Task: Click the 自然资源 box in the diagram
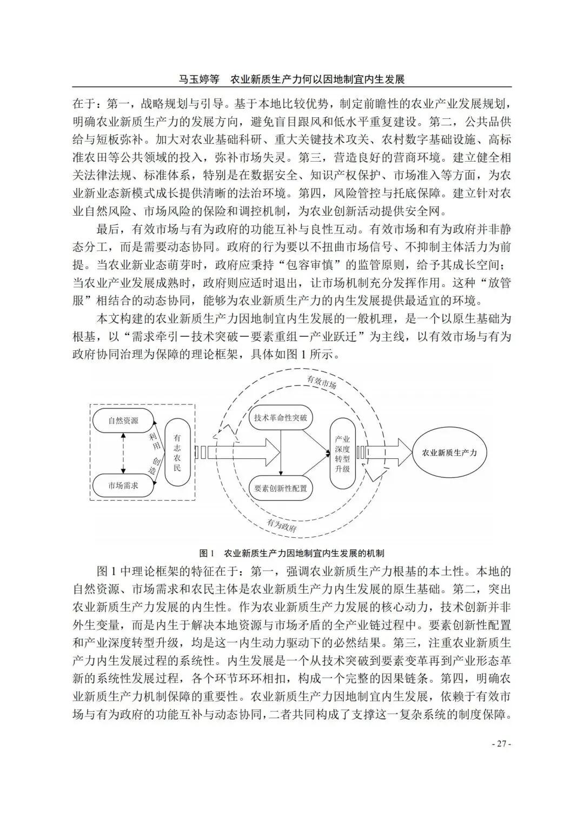click(x=123, y=421)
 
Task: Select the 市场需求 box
click(x=123, y=485)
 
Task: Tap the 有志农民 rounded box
click(x=177, y=452)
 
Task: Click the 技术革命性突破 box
click(x=280, y=417)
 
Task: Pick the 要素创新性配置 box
click(x=280, y=488)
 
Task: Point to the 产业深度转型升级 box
click(x=342, y=454)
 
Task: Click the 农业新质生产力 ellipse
click(x=449, y=452)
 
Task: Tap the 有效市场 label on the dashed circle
click(x=322, y=383)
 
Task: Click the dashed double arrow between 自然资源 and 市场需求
click(x=123, y=452)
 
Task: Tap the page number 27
click(x=501, y=744)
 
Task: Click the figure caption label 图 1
click(x=207, y=554)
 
